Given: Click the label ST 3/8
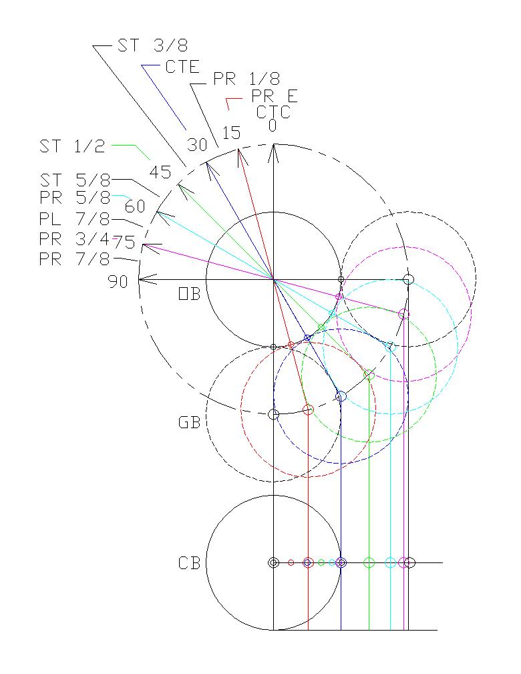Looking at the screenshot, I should pyautogui.click(x=153, y=45).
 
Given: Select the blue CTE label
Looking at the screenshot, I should pyautogui.click(x=182, y=66).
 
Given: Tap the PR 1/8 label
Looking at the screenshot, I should pyautogui.click(x=246, y=79).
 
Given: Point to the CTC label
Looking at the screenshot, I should pyautogui.click(x=274, y=112).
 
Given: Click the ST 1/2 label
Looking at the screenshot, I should pyautogui.click(x=72, y=146).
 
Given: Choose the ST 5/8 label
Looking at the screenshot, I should pyautogui.click(x=74, y=180).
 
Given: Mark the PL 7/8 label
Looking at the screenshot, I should pyautogui.click(x=74, y=219).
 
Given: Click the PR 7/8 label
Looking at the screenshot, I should pyautogui.click(x=74, y=259).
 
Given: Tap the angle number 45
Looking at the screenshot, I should pyautogui.click(x=160, y=172).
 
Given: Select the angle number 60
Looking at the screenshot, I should pyautogui.click(x=134, y=206).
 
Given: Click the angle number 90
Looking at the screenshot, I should pyautogui.click(x=118, y=282).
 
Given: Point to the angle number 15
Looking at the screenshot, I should pyautogui.click(x=231, y=134).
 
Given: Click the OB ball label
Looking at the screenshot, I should pyautogui.click(x=189, y=294).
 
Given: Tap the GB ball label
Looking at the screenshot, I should pyautogui.click(x=189, y=423).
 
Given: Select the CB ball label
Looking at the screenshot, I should pyautogui.click(x=189, y=563).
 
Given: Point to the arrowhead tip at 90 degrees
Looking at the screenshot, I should pyautogui.click(x=140, y=279).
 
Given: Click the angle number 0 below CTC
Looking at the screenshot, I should pyautogui.click(x=273, y=126).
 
